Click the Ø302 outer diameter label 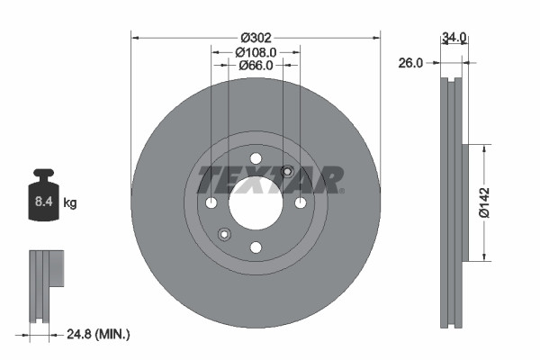pyautogui.click(x=256, y=38)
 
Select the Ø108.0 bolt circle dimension pyautogui.click(x=256, y=52)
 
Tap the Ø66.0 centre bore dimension pyautogui.click(x=256, y=67)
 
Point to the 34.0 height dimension pyautogui.click(x=454, y=38)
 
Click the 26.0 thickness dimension pyautogui.click(x=411, y=63)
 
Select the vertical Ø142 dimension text pyautogui.click(x=483, y=202)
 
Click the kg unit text pyautogui.click(x=70, y=203)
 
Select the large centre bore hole pyautogui.click(x=256, y=202)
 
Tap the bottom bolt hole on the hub pyautogui.click(x=256, y=247)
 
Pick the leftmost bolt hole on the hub pyautogui.click(x=211, y=202)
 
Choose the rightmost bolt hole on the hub pyautogui.click(x=300, y=202)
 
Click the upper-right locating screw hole pyautogui.click(x=287, y=172)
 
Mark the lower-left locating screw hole pyautogui.click(x=224, y=234)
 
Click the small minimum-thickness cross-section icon pyautogui.click(x=45, y=285)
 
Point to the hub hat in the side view pyautogui.click(x=466, y=202)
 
